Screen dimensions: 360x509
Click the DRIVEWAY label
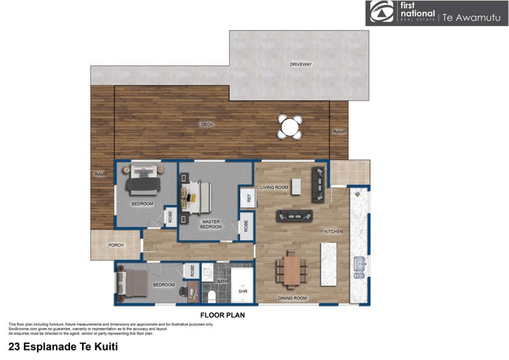[300, 65]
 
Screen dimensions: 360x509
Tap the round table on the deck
[290, 126]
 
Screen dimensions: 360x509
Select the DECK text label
[207, 125]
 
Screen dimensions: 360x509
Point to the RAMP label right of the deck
[338, 132]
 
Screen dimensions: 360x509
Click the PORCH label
[115, 245]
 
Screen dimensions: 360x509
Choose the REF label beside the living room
[246, 198]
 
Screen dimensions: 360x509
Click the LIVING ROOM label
[275, 188]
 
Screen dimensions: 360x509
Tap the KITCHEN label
[333, 232]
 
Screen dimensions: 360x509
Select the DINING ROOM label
[293, 298]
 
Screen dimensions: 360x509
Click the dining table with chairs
[291, 270]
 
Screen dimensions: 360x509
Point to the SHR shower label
[242, 291]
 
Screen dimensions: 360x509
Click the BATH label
[222, 280]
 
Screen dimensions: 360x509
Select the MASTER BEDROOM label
[211, 224]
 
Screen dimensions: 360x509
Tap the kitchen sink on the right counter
[360, 263]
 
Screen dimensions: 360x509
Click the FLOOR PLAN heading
[222, 314]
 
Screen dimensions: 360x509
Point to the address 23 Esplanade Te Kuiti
[63, 347]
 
